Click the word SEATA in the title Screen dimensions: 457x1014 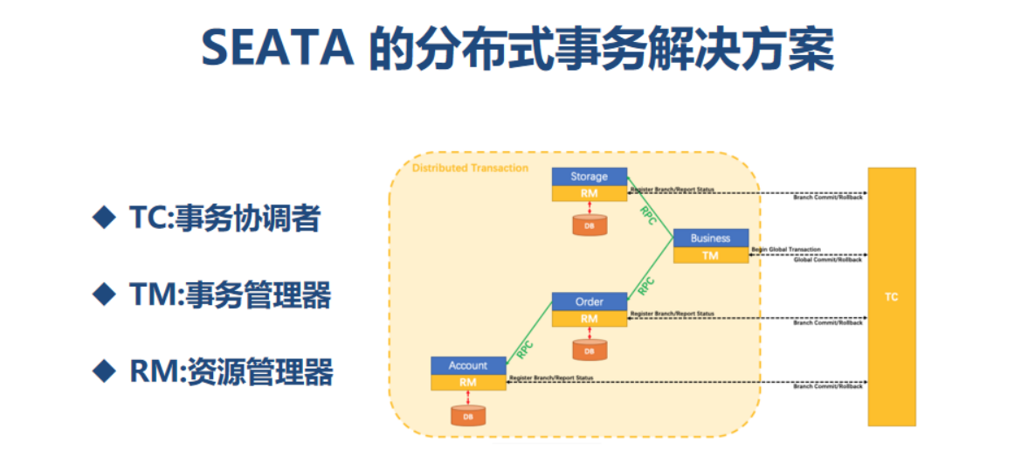tap(277, 50)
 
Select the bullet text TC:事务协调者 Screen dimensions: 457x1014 tap(224, 218)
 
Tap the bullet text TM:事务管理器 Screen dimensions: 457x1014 tap(230, 295)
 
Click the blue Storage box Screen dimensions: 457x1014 tap(590, 177)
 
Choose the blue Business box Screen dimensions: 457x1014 tap(710, 238)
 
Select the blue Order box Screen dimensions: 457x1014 tap(590, 302)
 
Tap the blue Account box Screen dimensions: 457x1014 tap(468, 365)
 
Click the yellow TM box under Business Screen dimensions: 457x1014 tap(710, 255)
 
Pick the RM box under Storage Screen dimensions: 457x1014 tap(590, 193)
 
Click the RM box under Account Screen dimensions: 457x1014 tap(468, 382)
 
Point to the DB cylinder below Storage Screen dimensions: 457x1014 tap(590, 225)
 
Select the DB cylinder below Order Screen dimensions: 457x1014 tap(590, 350)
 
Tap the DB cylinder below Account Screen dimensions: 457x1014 tap(468, 415)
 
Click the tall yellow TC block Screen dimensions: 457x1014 tap(891, 297)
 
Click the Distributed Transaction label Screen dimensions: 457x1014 tap(470, 168)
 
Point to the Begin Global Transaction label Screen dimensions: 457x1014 tap(786, 250)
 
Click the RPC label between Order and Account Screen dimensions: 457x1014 tap(526, 347)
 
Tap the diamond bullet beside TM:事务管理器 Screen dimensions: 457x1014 tap(104, 295)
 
